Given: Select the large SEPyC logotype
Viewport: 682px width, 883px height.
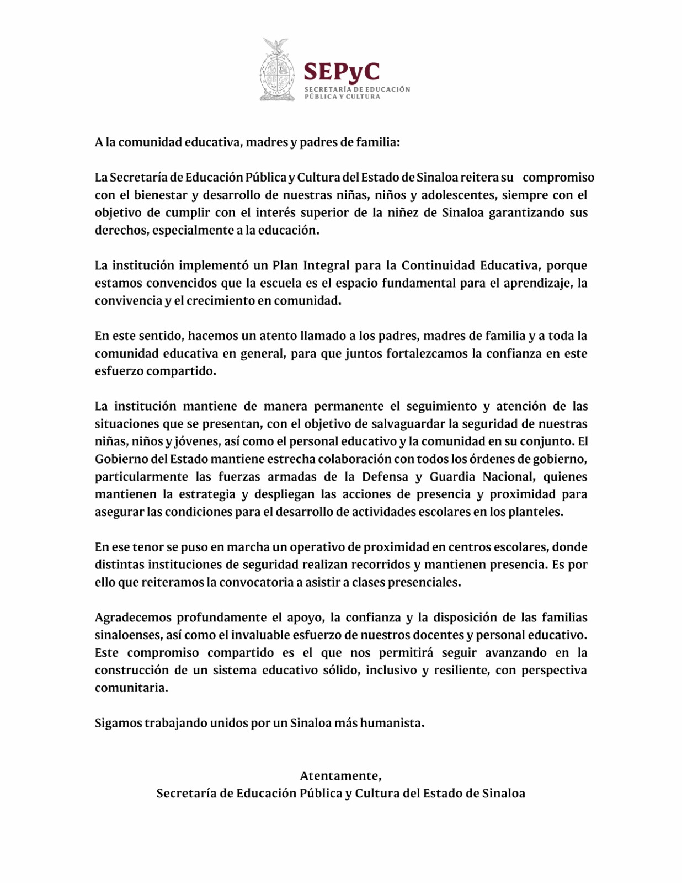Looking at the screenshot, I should [x=342, y=72].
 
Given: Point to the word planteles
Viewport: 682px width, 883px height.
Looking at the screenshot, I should [x=536, y=512].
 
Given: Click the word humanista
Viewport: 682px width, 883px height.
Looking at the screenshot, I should [x=392, y=723].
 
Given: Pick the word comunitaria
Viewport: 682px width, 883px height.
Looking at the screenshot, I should [x=131, y=688].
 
